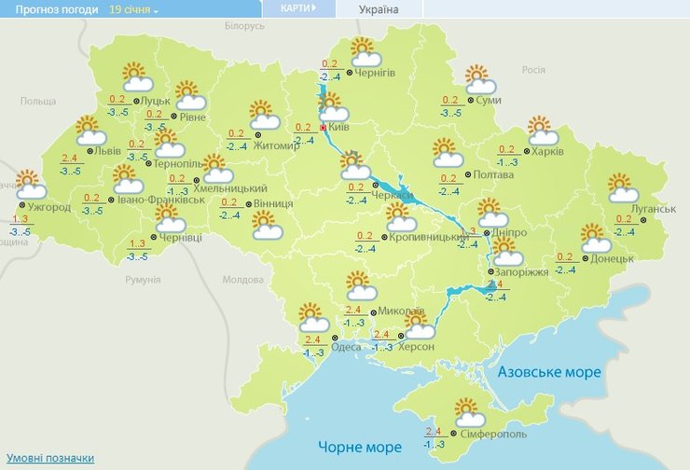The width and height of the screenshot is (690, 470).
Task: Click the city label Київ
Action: click(339, 127)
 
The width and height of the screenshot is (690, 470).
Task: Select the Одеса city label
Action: click(346, 347)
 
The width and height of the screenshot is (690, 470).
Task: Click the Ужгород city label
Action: click(49, 206)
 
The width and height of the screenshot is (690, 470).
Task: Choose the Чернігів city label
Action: click(376, 72)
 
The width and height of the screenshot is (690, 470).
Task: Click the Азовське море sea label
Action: click(548, 372)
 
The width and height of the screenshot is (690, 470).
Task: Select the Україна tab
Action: click(378, 9)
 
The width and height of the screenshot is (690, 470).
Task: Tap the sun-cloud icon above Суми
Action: click(477, 78)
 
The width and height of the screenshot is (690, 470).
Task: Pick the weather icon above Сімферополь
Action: click(468, 411)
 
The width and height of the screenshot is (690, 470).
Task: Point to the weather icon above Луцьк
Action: click(138, 76)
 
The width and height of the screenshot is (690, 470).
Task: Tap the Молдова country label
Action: click(243, 279)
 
